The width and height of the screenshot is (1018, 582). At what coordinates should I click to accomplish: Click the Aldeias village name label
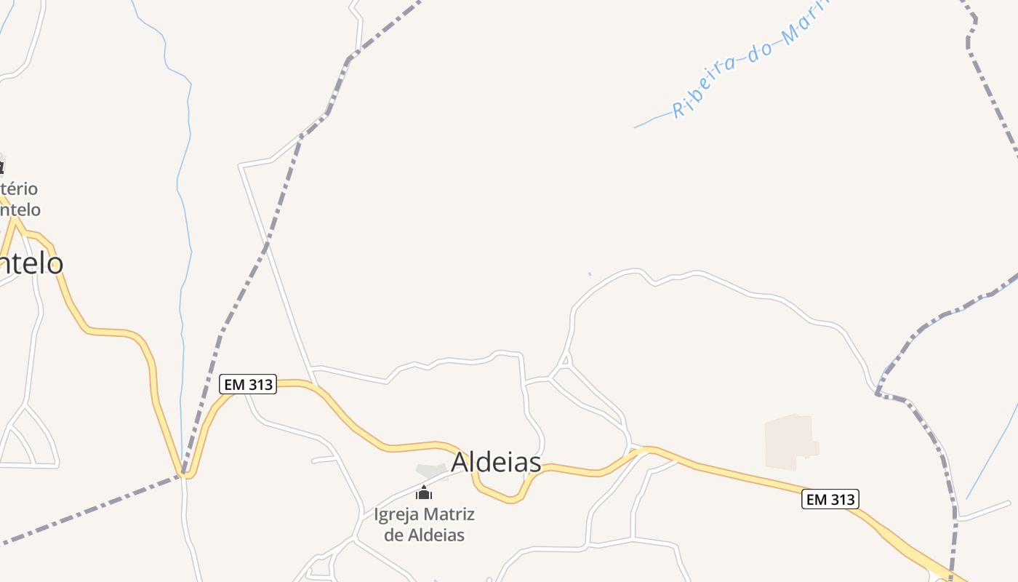[497, 462]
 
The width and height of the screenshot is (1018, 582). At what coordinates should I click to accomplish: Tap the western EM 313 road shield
[248, 384]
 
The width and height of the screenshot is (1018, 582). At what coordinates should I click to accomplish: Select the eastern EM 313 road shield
[830, 499]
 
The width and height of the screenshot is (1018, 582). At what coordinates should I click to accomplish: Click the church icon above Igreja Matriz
[424, 493]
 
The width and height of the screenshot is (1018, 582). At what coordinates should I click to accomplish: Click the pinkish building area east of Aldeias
[790, 441]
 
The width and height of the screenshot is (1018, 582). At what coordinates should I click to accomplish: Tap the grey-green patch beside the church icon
[432, 471]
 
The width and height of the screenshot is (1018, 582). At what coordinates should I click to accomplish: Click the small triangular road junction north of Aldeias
[565, 360]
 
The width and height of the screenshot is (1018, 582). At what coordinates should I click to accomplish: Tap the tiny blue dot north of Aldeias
[590, 274]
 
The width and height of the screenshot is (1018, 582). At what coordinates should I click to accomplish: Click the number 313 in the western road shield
[259, 384]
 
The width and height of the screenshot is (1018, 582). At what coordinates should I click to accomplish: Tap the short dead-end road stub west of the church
[324, 460]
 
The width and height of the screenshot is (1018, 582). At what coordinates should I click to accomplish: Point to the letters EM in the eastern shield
[817, 499]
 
